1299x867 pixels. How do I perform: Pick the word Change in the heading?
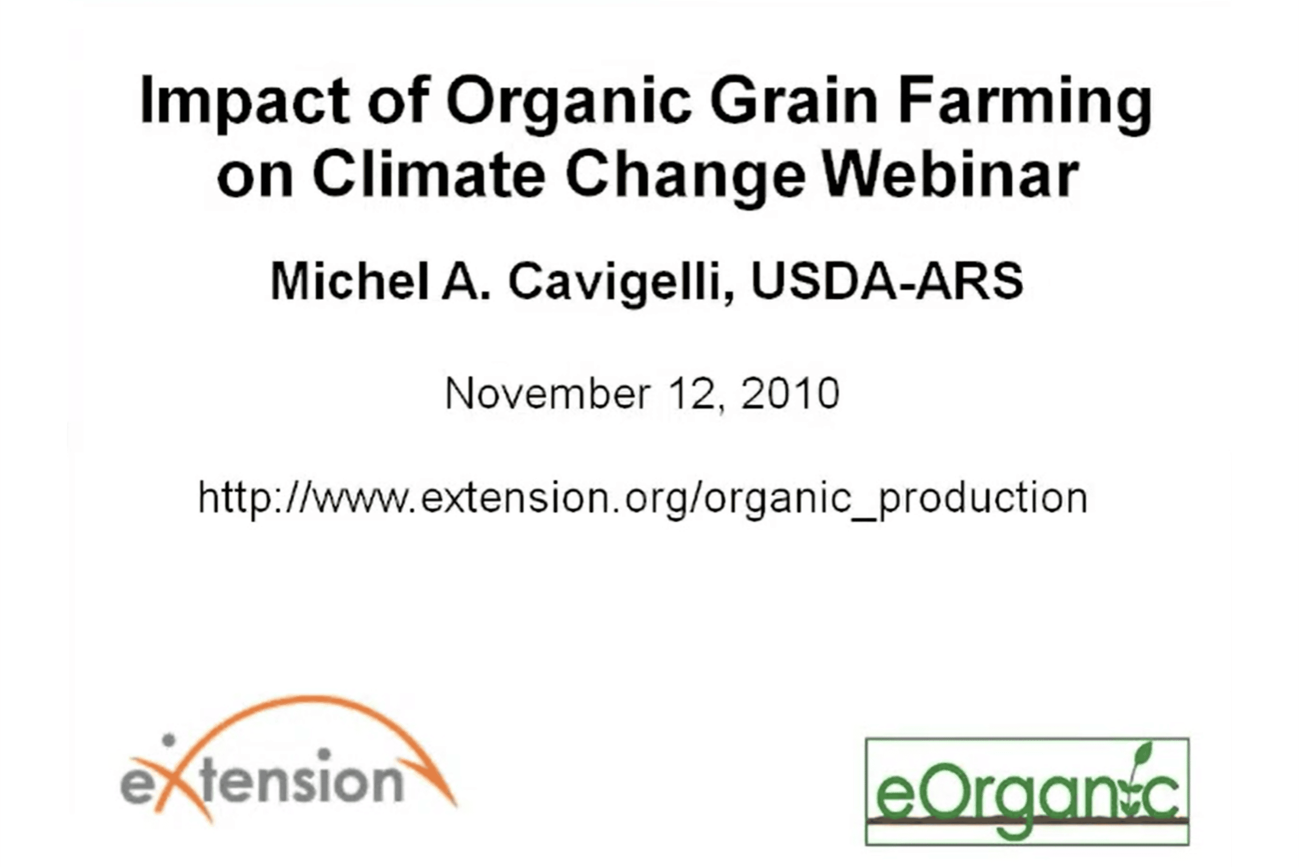[x=686, y=177]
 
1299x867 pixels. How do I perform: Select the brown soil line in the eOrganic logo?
[x=1027, y=820]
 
